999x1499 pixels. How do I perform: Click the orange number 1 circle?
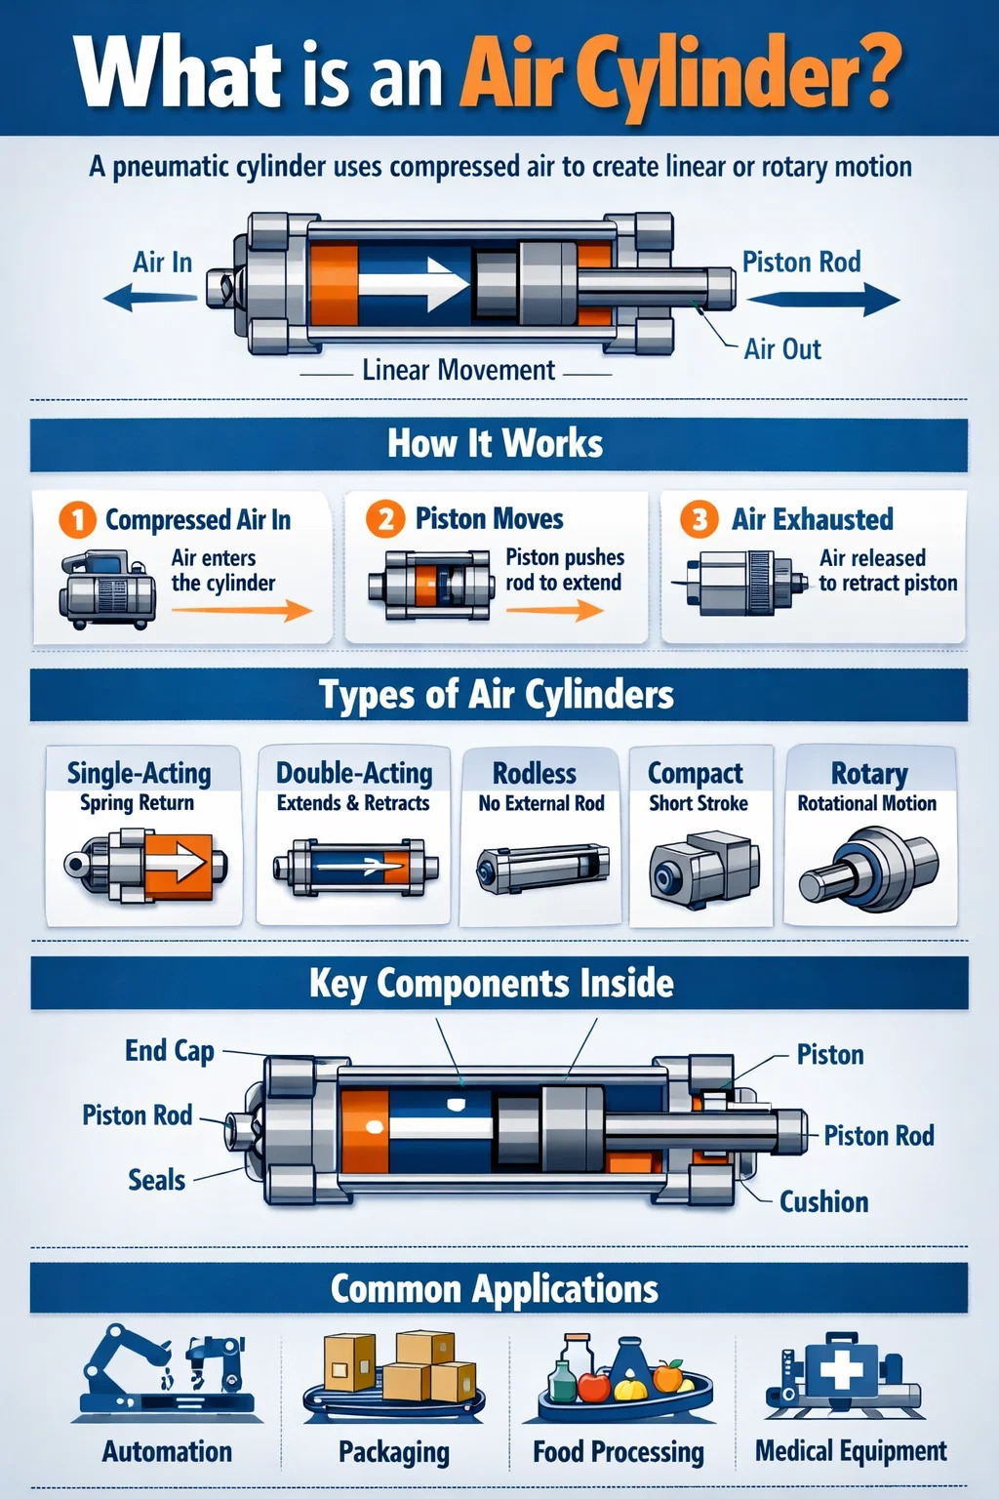(x=77, y=519)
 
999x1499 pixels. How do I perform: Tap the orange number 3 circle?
(x=699, y=518)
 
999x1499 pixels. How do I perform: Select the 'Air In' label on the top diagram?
(x=162, y=263)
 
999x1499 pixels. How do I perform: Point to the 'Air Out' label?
(x=782, y=349)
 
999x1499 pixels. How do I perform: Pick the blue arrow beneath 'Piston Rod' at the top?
(x=821, y=300)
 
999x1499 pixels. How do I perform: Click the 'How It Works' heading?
(x=496, y=444)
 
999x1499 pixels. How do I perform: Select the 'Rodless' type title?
(x=535, y=773)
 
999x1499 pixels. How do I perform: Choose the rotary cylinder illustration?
(x=868, y=868)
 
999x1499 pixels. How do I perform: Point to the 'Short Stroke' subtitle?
(x=699, y=803)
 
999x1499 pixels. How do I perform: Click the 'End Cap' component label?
(x=170, y=1050)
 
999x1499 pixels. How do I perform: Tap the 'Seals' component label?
(x=156, y=1180)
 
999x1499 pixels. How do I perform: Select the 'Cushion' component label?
(x=823, y=1201)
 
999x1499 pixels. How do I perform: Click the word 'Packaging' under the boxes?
(x=394, y=1452)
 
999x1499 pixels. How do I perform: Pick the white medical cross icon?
(x=841, y=1370)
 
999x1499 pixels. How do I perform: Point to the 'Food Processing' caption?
(x=619, y=1452)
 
